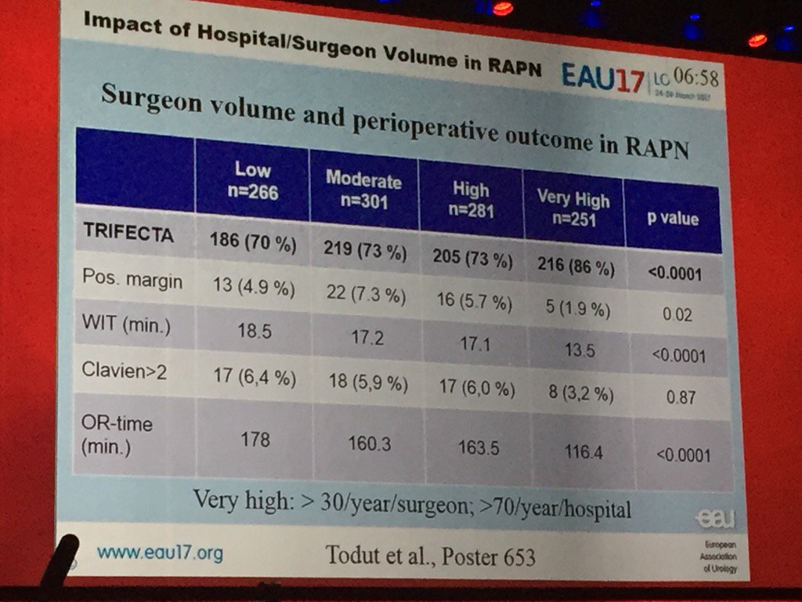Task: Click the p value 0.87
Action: coord(680,397)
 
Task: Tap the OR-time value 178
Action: coord(255,439)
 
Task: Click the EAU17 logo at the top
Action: coord(602,77)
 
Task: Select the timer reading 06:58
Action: coord(694,78)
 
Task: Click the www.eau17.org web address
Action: coord(160,553)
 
